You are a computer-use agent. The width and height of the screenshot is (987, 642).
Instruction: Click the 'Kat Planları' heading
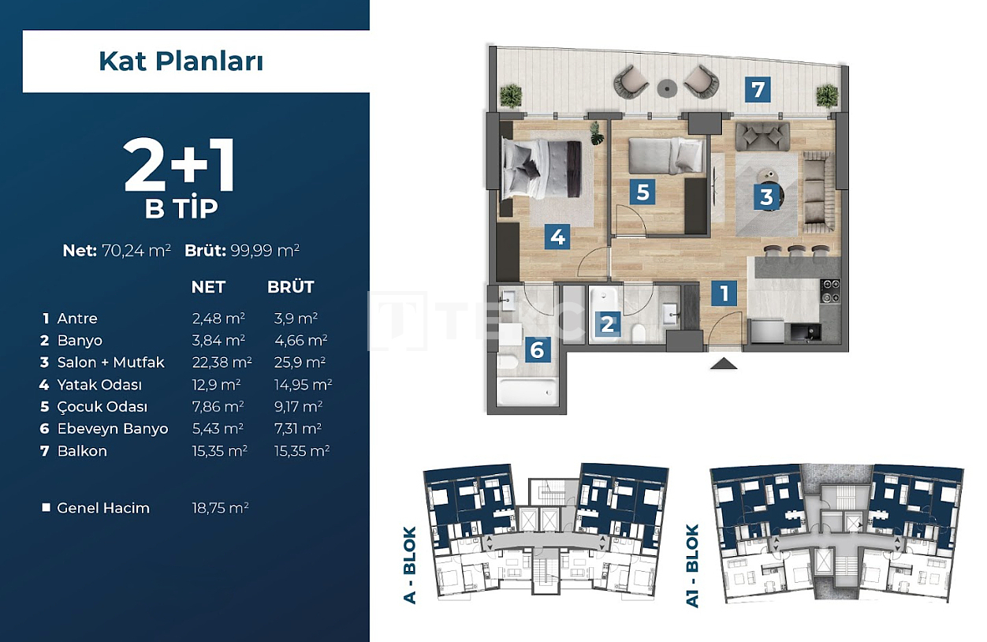(181, 62)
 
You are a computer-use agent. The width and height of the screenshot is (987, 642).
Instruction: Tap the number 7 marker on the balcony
(758, 89)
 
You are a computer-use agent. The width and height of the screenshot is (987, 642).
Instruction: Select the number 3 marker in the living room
(765, 196)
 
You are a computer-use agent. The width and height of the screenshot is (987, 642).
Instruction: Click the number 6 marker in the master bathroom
(537, 349)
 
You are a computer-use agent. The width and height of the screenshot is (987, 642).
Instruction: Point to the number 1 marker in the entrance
(723, 294)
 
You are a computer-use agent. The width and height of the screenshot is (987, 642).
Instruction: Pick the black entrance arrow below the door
(724, 364)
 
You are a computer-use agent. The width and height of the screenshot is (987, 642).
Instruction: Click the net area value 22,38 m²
(222, 363)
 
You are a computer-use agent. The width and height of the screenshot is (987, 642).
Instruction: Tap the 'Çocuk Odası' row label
(102, 407)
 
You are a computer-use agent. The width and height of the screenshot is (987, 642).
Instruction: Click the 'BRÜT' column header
(290, 287)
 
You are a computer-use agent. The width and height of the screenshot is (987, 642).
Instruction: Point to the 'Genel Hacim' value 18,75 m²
(220, 508)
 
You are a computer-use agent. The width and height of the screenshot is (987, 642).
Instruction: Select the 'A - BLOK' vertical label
(410, 565)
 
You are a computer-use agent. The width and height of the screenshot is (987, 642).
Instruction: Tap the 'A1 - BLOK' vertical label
(692, 565)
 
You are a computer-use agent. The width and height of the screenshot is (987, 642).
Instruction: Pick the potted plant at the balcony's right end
(826, 96)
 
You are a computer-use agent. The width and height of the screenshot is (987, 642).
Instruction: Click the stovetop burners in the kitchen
(832, 291)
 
